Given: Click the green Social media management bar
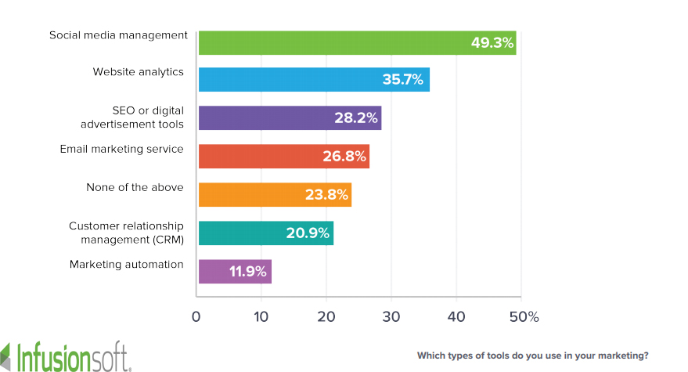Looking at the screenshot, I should (329, 42).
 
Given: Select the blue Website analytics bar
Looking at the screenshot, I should (290, 80).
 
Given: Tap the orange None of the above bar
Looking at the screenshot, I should (250, 194).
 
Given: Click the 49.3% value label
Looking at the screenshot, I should (492, 42).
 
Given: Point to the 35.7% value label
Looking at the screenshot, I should (402, 80).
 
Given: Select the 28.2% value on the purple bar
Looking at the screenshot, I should (357, 118).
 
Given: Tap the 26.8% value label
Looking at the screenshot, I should (344, 156).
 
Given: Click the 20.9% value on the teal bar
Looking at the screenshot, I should (308, 233).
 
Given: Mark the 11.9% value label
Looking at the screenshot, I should (248, 272).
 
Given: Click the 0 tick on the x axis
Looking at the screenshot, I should (196, 317).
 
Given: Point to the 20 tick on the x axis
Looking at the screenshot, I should (326, 317).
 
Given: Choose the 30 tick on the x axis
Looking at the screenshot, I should (391, 317).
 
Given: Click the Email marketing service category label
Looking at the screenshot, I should (122, 149).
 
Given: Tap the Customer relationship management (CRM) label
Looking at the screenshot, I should (126, 233).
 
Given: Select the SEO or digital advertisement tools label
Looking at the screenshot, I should (131, 117).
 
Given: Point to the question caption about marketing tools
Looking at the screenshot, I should (532, 356).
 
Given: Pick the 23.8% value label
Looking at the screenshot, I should (326, 194).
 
